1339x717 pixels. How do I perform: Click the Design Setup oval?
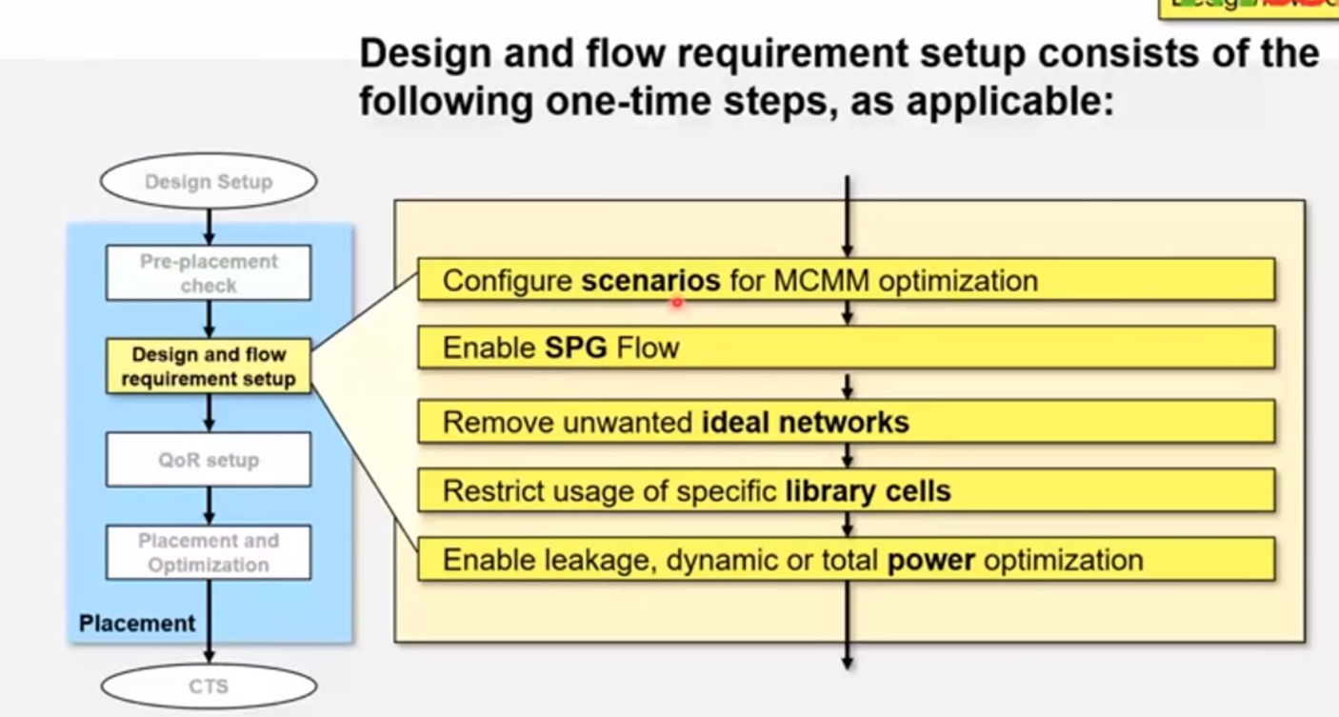(x=209, y=181)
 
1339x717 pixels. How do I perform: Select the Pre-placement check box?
(x=209, y=273)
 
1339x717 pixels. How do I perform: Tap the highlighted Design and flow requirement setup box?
(x=209, y=367)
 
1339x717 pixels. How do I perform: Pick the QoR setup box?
(x=209, y=460)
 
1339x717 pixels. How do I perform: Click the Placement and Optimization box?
(x=209, y=552)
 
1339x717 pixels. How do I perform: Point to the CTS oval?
(x=209, y=686)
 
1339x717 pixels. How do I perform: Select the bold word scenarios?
(x=650, y=281)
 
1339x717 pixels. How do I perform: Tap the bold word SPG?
(x=576, y=348)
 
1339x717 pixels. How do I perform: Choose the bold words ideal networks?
(x=805, y=422)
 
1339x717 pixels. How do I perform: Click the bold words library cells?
(x=868, y=491)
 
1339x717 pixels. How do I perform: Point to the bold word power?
(x=930, y=560)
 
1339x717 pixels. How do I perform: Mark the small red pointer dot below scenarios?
(x=676, y=303)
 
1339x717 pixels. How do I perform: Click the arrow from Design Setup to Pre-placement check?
(x=209, y=227)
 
